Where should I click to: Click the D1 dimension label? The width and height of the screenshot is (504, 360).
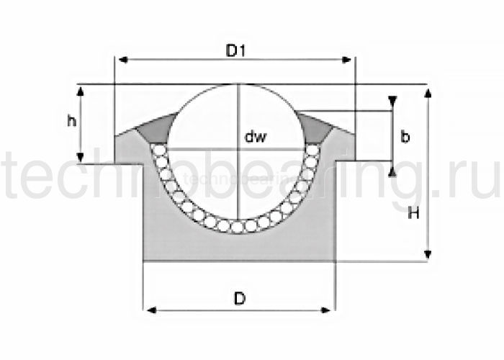(x=236, y=51)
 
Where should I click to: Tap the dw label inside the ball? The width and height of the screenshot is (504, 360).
(x=256, y=137)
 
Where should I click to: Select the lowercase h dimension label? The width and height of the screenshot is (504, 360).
(x=72, y=120)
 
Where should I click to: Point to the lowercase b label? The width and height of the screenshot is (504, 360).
(x=405, y=137)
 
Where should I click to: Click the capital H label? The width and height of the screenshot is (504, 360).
(x=413, y=212)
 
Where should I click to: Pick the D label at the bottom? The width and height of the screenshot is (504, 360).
(x=240, y=299)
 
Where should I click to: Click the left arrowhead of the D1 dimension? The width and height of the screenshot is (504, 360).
(x=123, y=60)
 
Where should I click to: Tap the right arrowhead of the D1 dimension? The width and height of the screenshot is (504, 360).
(x=346, y=60)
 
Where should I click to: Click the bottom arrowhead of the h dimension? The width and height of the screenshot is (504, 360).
(x=81, y=158)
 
